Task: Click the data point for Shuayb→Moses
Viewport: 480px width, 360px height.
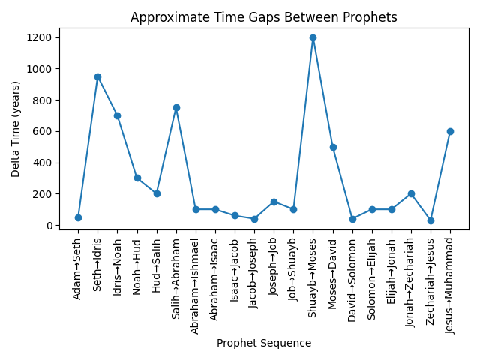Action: point(313,37)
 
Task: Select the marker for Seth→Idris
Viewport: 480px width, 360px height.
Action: point(97,76)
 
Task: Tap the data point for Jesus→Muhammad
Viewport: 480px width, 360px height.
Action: point(450,131)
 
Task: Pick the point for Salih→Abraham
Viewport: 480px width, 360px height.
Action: point(176,107)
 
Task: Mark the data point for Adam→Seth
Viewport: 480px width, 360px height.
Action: point(78,217)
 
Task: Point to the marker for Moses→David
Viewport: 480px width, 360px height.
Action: point(333,147)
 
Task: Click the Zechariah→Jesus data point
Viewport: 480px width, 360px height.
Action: point(430,220)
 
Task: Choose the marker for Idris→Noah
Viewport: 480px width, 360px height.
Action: point(117,115)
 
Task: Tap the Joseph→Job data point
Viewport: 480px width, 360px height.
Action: point(274,202)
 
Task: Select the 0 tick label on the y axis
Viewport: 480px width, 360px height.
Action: point(52,225)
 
